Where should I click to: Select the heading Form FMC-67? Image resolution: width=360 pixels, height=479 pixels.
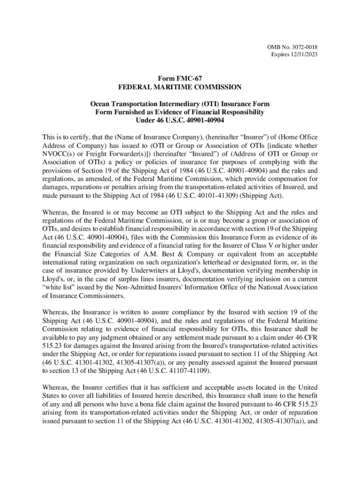[x=180, y=79]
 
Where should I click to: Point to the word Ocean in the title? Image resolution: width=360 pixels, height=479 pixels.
[x=101, y=103]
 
